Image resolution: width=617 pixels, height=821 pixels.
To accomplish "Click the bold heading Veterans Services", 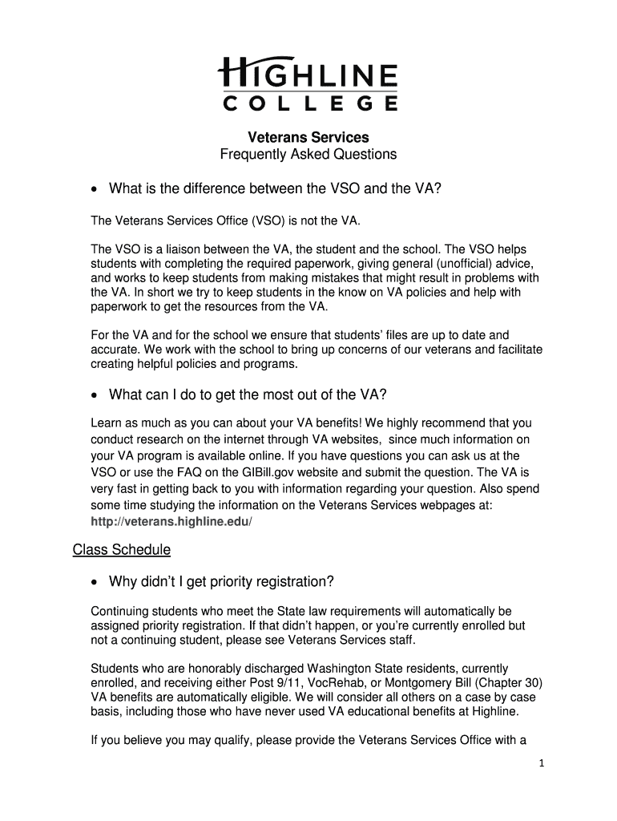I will click(308, 138).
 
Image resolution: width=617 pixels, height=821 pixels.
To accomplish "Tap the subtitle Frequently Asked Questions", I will click(308, 154).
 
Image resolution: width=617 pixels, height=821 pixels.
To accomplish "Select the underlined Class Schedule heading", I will click(121, 550).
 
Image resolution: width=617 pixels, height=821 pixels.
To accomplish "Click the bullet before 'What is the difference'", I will click(96, 189).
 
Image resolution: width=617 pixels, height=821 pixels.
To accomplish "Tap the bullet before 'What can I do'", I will click(96, 394).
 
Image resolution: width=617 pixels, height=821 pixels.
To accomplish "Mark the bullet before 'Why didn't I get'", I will click(96, 582).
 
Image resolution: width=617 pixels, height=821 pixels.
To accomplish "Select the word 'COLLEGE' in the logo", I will click(308, 103).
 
